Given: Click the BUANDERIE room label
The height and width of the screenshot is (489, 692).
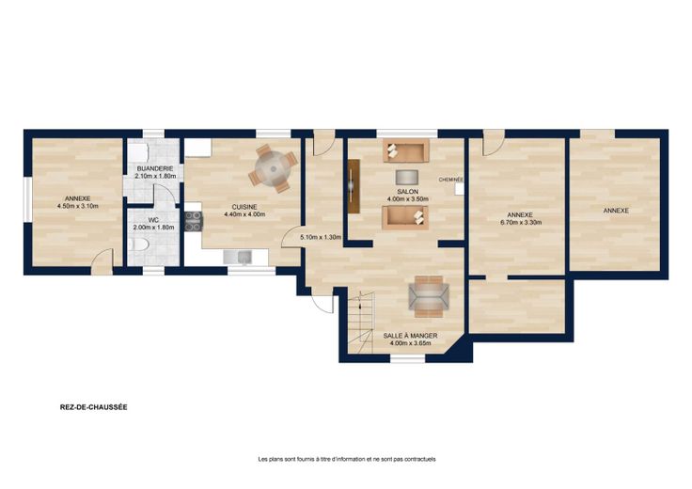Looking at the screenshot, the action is point(154,168).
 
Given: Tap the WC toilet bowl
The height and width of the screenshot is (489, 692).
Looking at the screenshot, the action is point(139,244).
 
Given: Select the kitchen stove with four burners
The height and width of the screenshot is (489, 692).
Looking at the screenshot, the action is point(194,221).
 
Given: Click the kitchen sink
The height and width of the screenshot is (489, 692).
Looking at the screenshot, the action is point(238,257).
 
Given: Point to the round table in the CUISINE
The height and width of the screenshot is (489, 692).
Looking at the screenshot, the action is point(274,168).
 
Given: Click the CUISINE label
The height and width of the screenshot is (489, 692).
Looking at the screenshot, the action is point(244,207).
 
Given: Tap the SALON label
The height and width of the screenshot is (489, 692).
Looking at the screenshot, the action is point(408,192).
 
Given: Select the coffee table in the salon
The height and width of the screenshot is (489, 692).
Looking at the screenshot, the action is point(406,177).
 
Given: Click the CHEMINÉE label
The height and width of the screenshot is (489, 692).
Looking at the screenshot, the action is point(450,180).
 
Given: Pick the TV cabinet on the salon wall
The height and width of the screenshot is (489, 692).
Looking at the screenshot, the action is point(354,186).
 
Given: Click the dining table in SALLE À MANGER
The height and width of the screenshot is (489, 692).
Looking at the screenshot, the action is point(429,296).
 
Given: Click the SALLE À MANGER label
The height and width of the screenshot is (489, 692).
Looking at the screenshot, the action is point(410,336).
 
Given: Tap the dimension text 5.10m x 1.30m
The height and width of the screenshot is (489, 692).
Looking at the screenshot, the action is point(321,237).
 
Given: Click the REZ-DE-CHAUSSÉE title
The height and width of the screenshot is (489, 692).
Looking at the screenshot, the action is point(94,407).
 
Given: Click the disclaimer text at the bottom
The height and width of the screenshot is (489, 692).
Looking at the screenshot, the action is point(347,460).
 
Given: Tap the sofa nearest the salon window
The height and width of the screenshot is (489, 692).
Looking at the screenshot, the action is point(406,151).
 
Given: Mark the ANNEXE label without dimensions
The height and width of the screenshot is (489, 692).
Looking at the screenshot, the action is point(616,211).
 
